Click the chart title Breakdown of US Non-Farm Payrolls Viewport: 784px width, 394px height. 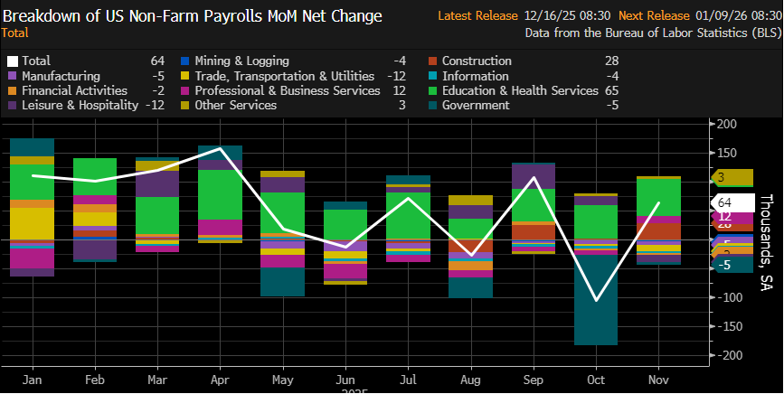192,16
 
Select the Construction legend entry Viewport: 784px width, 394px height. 477,61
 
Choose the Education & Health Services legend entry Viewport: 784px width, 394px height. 520,90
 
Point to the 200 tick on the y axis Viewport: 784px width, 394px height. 725,123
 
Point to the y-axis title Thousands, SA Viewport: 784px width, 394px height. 766,241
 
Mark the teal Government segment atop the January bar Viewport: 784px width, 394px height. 32,147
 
